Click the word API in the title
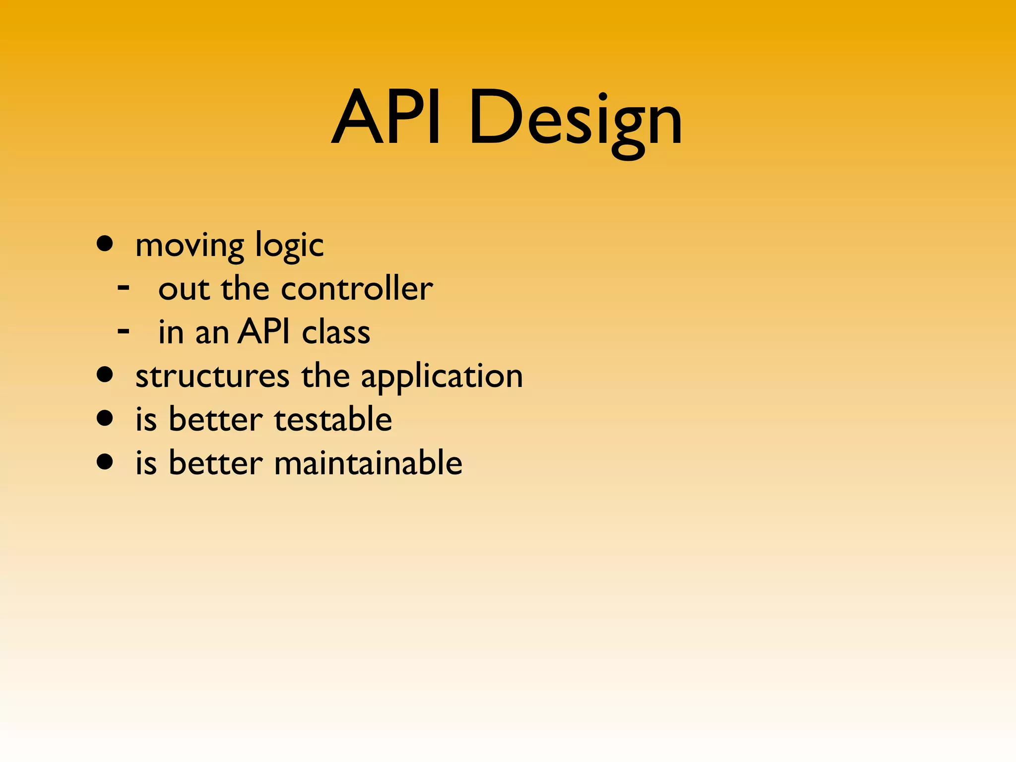(x=386, y=118)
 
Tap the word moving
(x=190, y=246)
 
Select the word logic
(x=289, y=246)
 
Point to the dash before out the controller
(x=124, y=286)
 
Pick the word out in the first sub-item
(x=183, y=289)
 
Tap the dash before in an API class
(x=124, y=330)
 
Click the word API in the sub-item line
(x=264, y=331)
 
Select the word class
(x=336, y=332)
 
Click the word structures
(x=212, y=376)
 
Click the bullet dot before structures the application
(x=105, y=375)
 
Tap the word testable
(x=333, y=419)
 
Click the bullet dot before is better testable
(x=105, y=418)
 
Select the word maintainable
(x=368, y=463)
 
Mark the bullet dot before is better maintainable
(x=105, y=462)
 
